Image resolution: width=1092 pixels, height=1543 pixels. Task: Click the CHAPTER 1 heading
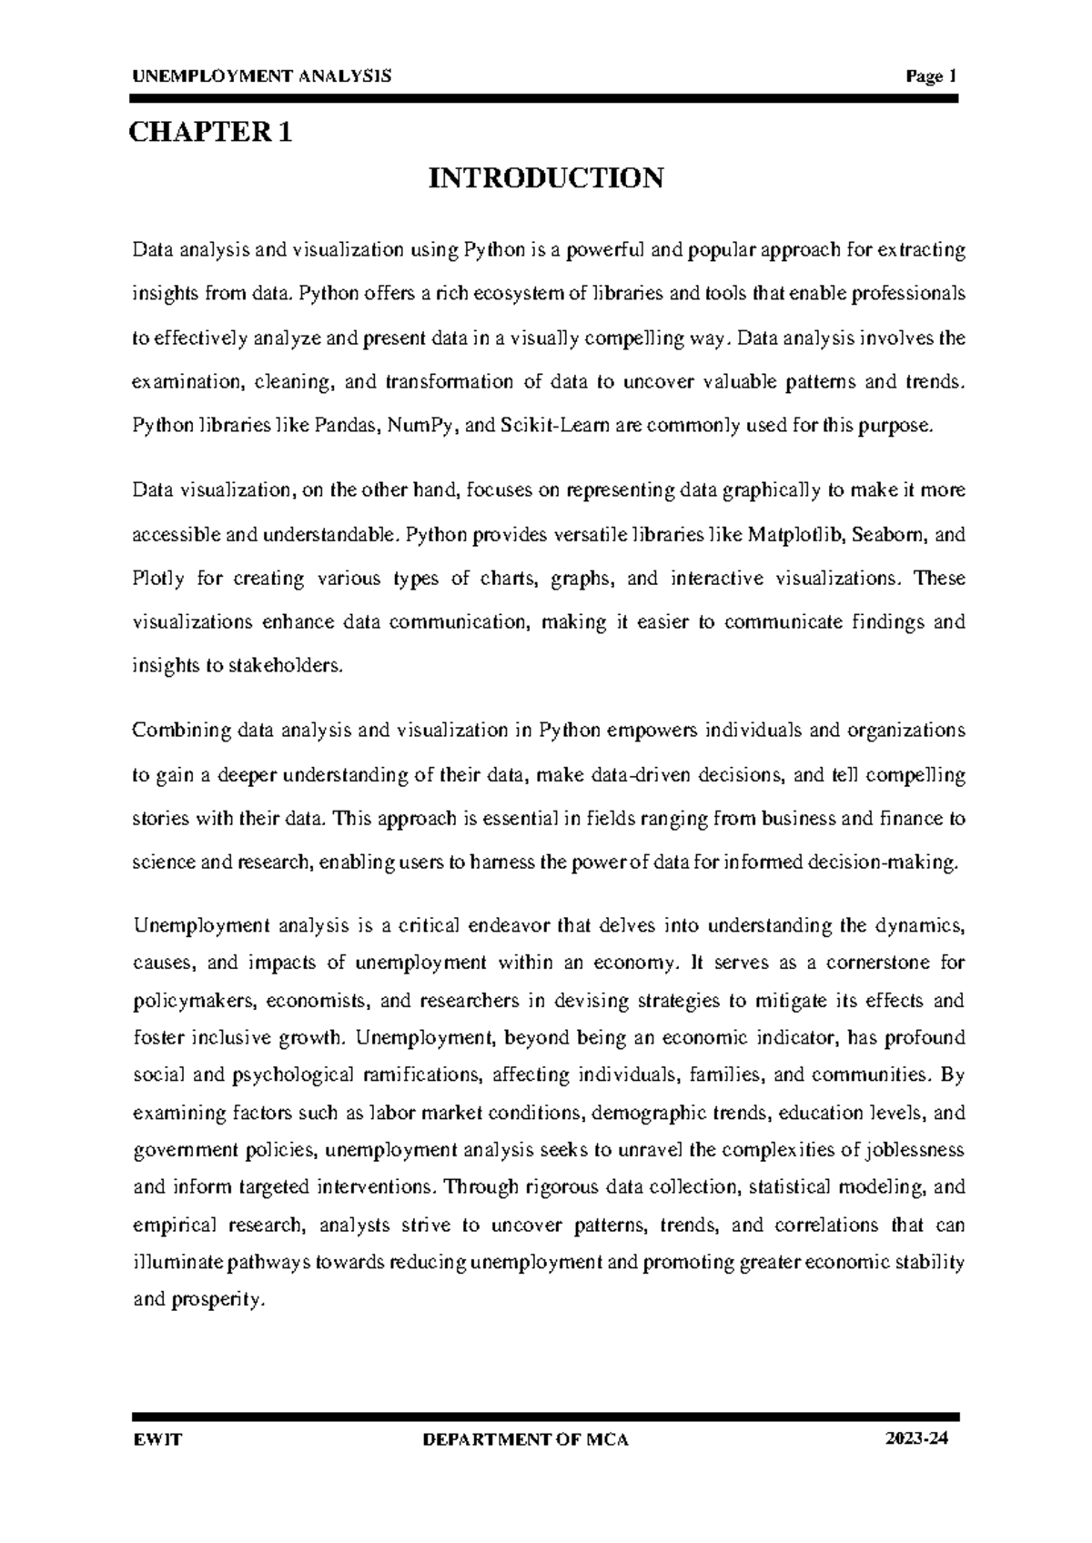click(x=211, y=134)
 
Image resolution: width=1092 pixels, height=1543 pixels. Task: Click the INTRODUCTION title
click(x=546, y=177)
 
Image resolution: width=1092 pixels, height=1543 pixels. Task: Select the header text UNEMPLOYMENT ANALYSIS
click(x=262, y=77)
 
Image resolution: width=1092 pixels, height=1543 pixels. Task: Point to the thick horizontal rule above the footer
click(x=546, y=1417)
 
